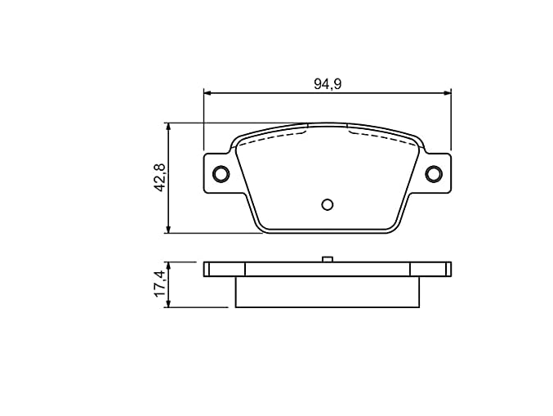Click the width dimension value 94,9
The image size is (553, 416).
(327, 83)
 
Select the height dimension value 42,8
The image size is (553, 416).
(160, 177)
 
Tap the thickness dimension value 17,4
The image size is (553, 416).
(160, 285)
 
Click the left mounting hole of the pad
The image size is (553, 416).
(220, 173)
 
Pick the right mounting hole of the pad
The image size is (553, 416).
(433, 173)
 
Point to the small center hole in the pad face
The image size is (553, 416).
(327, 204)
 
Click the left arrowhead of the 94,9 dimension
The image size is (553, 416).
(207, 93)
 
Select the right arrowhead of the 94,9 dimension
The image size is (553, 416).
(447, 93)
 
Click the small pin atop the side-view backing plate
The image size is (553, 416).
(327, 259)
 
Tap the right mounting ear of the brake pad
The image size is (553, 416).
(435, 173)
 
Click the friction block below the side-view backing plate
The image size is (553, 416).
(327, 292)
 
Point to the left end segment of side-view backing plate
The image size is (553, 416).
(225, 269)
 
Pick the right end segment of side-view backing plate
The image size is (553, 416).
(430, 269)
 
